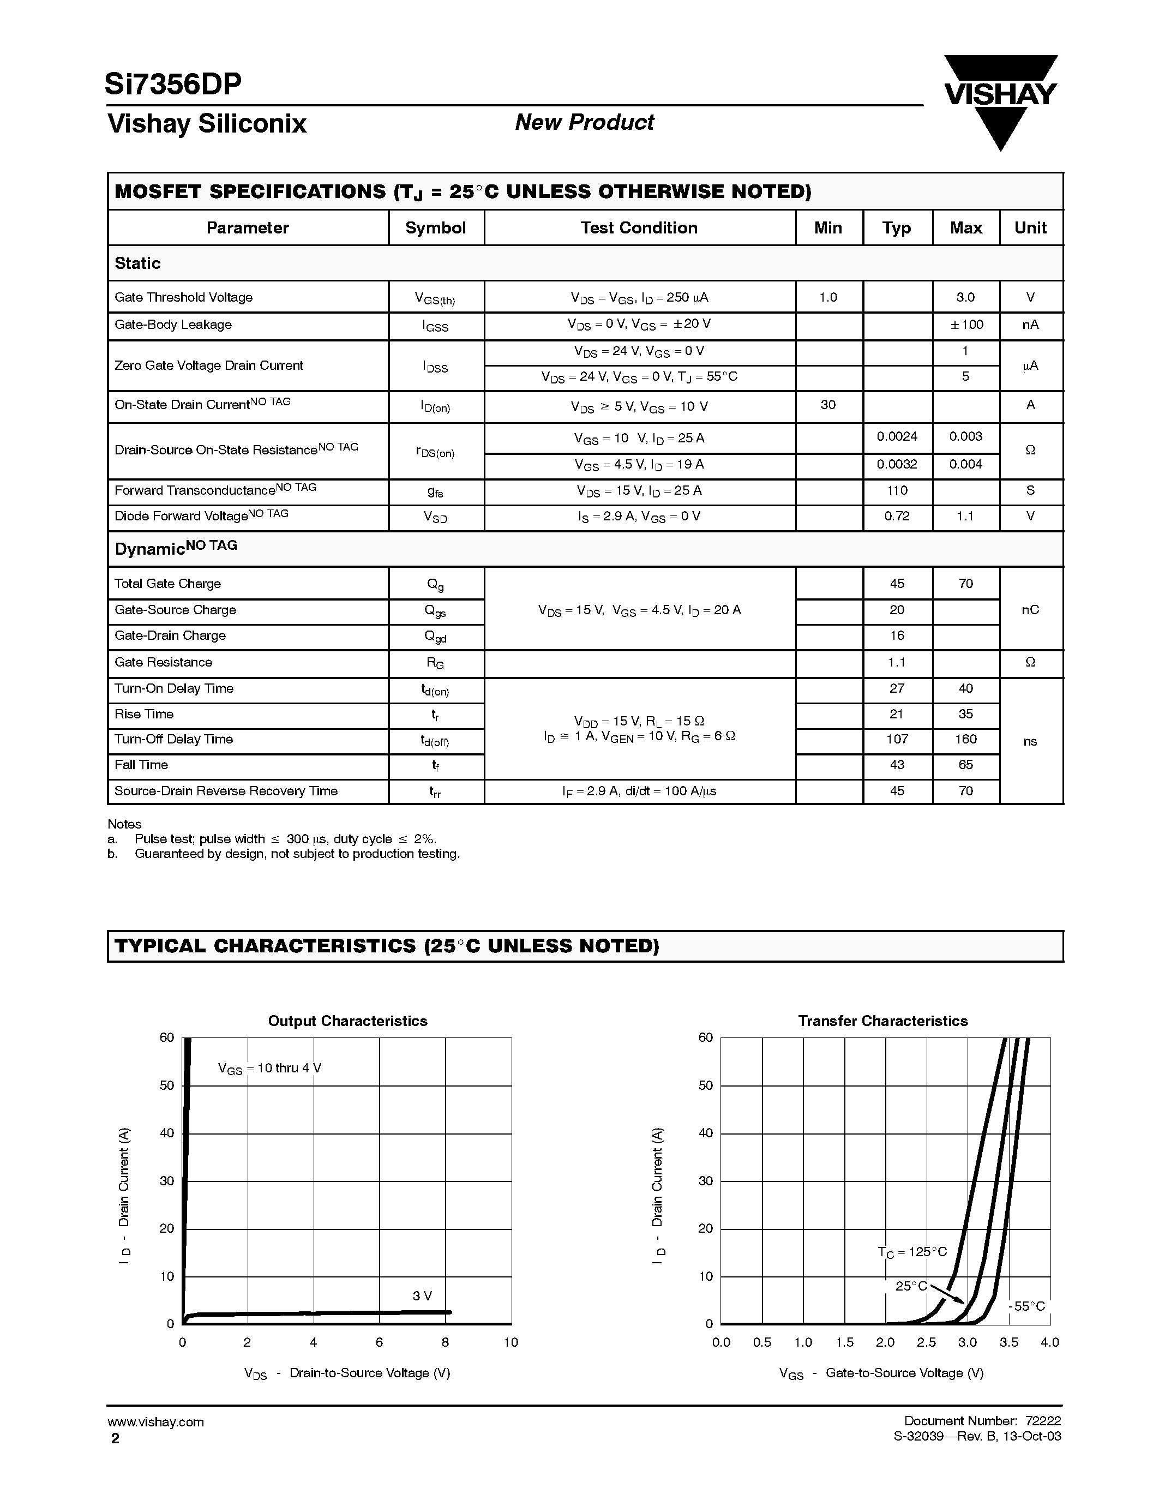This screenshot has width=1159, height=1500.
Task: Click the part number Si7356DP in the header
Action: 173,84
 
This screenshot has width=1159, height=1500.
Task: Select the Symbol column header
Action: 435,228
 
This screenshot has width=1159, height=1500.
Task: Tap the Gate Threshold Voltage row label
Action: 183,297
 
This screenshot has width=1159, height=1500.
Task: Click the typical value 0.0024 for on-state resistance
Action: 897,437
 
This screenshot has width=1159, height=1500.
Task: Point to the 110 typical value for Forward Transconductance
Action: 897,490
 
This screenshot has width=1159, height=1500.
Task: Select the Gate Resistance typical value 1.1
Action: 897,663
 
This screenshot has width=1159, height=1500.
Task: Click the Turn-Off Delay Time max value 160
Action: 965,740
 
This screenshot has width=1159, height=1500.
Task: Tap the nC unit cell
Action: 1030,610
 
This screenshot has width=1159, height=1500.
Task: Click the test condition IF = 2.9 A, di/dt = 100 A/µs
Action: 639,791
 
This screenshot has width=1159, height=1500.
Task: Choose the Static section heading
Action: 137,264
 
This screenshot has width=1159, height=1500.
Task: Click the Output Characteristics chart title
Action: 347,1021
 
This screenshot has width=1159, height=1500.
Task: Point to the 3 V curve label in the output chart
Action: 422,1296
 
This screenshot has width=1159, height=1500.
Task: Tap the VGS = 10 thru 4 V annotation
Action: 269,1069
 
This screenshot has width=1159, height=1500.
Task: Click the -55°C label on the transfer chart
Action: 1028,1306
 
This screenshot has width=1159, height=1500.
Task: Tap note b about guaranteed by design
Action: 297,854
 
